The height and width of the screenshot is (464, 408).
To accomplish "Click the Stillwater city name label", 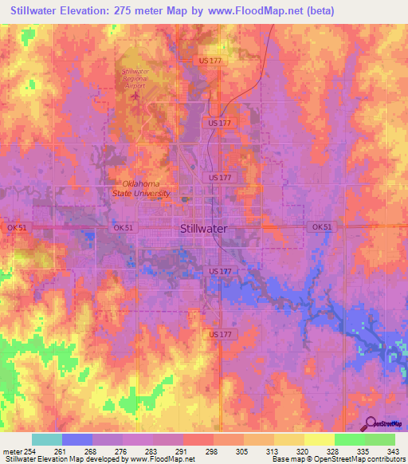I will point(204,228).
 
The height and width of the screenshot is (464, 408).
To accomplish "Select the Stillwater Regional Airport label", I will point(135,80).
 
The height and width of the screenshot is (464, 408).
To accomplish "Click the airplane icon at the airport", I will point(135,97).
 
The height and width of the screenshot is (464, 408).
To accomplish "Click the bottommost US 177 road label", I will point(220,334).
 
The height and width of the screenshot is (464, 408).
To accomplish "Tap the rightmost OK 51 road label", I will point(321,227).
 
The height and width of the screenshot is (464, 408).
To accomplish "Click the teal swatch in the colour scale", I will point(47,439).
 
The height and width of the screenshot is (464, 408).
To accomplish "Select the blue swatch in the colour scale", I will point(77,439).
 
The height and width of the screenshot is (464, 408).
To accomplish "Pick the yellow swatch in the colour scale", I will point(319,439).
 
